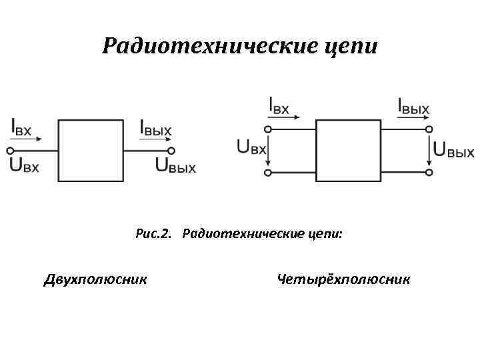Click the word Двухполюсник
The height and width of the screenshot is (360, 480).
[x=95, y=279]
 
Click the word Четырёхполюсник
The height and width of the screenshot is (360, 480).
[x=344, y=279]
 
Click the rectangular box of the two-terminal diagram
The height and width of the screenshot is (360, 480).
[x=91, y=150]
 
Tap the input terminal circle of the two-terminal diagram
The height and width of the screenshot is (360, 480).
[x=9, y=150]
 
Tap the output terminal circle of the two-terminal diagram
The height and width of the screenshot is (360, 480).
[x=171, y=150]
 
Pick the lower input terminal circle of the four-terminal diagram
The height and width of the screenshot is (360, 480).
[x=268, y=173]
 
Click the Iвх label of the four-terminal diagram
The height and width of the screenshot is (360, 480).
[x=279, y=106]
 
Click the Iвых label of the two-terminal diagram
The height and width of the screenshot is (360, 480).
[x=155, y=127]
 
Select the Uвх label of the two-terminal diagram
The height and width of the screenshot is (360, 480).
[x=25, y=165]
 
